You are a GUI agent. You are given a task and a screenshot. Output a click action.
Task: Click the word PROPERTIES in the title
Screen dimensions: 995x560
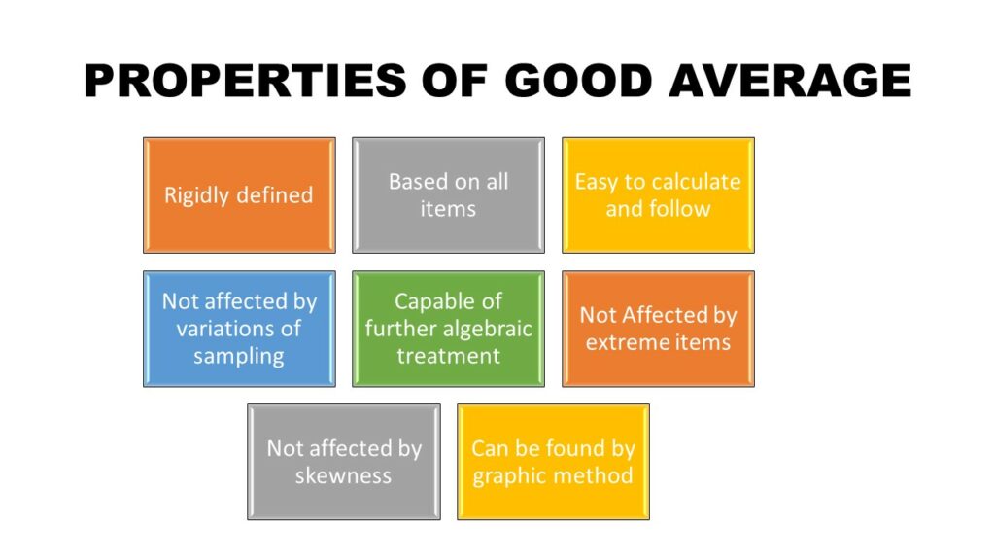pos(245,81)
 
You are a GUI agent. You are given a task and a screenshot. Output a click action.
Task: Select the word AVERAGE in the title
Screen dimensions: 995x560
pos(790,81)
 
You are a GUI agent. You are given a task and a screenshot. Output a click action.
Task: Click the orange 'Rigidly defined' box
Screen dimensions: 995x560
pos(239,194)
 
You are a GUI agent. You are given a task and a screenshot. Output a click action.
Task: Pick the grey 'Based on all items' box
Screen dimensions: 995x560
pos(448,194)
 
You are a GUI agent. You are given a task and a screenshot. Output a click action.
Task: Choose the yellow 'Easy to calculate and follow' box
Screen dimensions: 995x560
pos(658,194)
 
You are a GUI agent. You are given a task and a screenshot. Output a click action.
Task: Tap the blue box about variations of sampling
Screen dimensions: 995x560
pos(239,329)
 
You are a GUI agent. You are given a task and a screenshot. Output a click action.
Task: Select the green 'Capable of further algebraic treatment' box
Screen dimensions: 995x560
pos(448,329)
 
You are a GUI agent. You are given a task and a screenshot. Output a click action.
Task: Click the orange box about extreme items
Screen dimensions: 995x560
pos(658,329)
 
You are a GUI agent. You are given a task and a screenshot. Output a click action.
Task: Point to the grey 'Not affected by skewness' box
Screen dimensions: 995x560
pos(344,462)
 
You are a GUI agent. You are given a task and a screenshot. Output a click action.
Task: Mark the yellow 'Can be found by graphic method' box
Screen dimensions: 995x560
pos(553,462)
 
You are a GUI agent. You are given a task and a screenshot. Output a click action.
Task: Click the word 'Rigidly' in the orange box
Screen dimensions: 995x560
pos(195,195)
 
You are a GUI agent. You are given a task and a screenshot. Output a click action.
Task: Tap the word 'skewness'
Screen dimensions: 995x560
pos(343,475)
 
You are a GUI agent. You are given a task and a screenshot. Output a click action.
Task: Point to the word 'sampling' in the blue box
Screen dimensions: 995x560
pos(239,357)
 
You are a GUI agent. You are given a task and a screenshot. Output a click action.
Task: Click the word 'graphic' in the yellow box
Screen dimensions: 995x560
pos(513,476)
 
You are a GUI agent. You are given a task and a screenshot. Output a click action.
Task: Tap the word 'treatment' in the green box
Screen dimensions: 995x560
pos(448,356)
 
